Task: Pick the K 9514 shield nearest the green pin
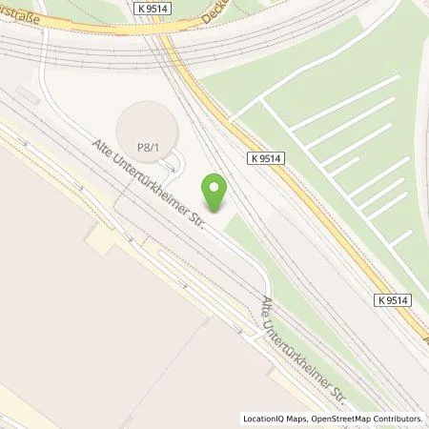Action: pyautogui.click(x=271, y=158)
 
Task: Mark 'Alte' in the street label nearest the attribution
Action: pyautogui.click(x=268, y=309)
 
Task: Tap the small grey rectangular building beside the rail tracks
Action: pyautogui.click(x=24, y=96)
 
